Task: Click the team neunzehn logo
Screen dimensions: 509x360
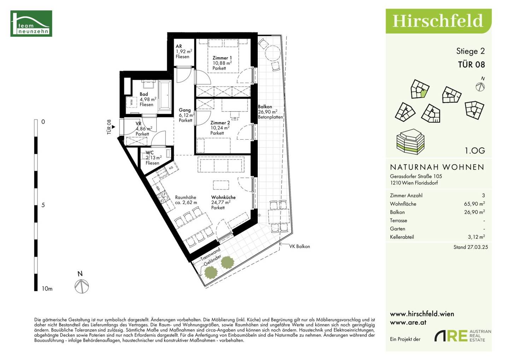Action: click(31, 23)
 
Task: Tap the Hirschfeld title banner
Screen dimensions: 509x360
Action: click(438, 21)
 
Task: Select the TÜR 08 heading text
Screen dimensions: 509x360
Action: click(471, 65)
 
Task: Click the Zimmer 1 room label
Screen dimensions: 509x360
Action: click(222, 58)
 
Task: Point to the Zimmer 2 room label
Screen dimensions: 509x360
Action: click(220, 123)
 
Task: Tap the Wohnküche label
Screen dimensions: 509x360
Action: click(223, 197)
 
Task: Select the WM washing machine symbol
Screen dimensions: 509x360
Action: click(131, 103)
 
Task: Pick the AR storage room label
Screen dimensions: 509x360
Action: click(179, 46)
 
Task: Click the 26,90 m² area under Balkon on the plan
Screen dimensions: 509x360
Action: click(268, 112)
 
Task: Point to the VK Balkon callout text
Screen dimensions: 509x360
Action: click(299, 246)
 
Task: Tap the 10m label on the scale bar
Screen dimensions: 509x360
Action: click(47, 289)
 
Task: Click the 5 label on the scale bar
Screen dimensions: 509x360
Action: click(43, 205)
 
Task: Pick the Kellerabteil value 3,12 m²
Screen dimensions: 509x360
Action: click(476, 237)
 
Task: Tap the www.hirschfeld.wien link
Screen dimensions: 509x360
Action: click(422, 314)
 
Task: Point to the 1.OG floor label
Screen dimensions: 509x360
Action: click(475, 150)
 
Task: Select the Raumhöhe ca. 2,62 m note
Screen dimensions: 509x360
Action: click(186, 200)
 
